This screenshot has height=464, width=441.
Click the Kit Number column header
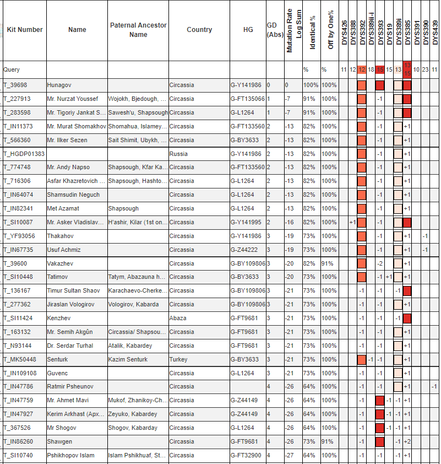25,30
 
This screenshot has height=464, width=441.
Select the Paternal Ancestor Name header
138,30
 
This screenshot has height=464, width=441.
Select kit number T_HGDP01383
24,154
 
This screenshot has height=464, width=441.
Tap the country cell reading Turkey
179,359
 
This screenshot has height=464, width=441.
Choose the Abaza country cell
178,318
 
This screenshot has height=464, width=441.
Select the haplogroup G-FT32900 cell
247,455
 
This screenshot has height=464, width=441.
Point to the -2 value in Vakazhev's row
380,263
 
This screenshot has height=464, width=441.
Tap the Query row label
12,70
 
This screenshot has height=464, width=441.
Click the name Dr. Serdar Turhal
70,346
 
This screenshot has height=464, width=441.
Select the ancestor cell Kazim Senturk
128,359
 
